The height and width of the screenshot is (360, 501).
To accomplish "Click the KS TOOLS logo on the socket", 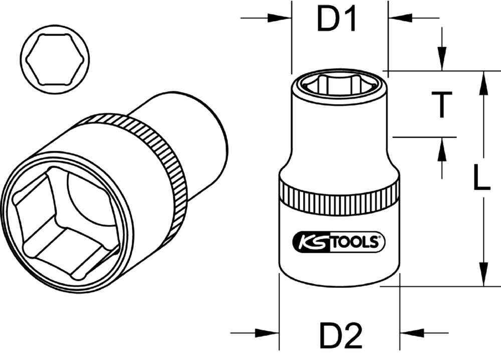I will (x=339, y=243).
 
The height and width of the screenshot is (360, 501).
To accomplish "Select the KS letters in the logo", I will (x=309, y=243).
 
